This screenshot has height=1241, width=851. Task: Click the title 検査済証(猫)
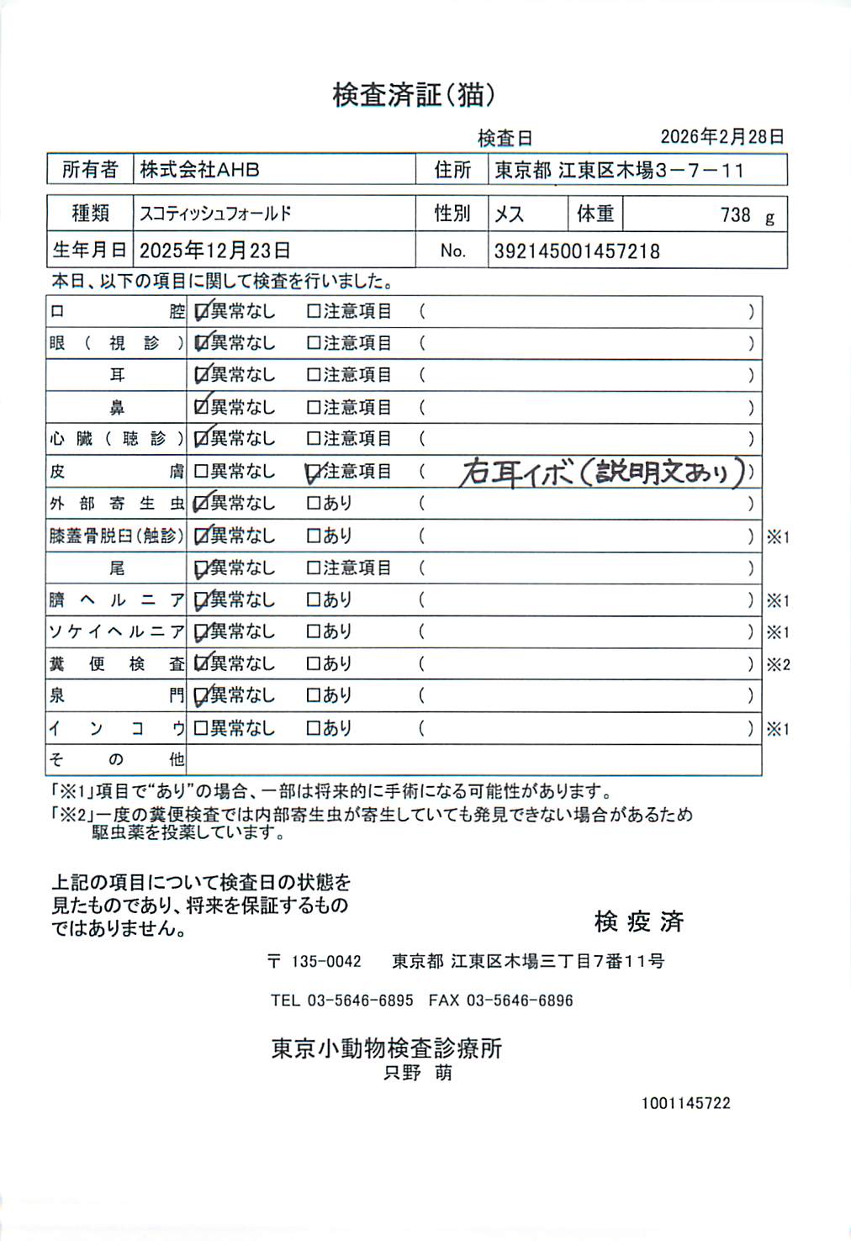tap(413, 95)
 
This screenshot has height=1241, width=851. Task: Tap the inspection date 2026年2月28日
tap(721, 137)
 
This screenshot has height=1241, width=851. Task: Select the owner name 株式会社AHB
tap(199, 170)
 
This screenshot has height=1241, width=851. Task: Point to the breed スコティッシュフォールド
tap(215, 214)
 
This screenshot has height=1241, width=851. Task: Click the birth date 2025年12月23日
tap(214, 251)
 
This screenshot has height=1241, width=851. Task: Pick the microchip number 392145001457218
tap(576, 251)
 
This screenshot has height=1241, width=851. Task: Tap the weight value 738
tap(735, 215)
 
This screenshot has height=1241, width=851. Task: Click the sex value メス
tap(509, 214)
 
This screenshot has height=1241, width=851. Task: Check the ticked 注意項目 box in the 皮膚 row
tap(314, 473)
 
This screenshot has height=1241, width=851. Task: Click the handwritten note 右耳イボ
tap(515, 473)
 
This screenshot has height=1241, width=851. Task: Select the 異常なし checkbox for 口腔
tap(202, 312)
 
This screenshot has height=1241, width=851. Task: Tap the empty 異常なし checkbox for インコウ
tap(201, 728)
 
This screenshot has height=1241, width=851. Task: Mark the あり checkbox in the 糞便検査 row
tap(314, 664)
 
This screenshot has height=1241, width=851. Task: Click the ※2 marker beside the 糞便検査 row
tap(778, 665)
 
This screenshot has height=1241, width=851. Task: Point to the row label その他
tap(116, 760)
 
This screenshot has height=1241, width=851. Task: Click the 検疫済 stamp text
tap(639, 922)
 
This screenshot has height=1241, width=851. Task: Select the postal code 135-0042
tap(326, 962)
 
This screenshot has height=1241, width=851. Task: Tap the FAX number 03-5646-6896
tap(520, 1001)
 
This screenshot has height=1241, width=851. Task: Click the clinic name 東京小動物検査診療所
tap(387, 1048)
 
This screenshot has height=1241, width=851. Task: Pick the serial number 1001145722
tap(685, 1103)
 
